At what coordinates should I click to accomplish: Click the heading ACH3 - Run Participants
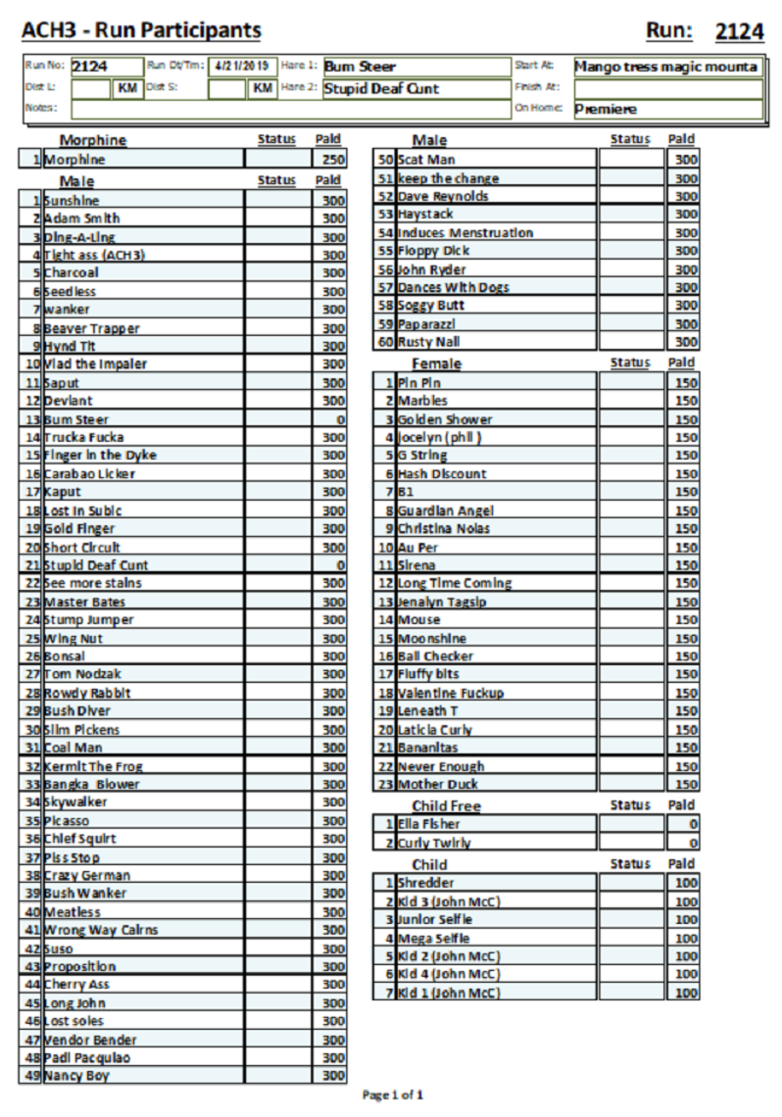(141, 31)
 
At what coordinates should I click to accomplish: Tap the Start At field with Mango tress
(666, 67)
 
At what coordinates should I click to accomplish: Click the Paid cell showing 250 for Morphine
(328, 160)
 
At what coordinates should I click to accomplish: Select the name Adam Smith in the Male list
(82, 219)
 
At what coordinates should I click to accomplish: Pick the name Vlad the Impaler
(95, 364)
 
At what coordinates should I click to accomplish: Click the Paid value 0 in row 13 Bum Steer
(328, 419)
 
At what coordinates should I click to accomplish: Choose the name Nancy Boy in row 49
(76, 1076)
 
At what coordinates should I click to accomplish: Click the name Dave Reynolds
(443, 196)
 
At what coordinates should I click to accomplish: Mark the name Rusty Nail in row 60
(428, 342)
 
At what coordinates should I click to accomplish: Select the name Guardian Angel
(446, 510)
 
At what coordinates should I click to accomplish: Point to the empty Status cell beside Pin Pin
(631, 382)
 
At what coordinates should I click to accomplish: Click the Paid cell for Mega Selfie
(683, 938)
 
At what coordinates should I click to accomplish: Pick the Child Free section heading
(446, 806)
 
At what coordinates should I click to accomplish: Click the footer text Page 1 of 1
(393, 1094)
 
